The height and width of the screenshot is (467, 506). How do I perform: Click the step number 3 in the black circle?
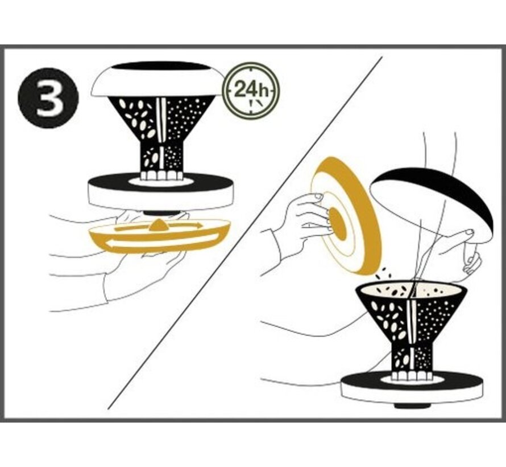pyautogui.click(x=48, y=99)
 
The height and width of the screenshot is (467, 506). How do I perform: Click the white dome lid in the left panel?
pyautogui.click(x=159, y=79)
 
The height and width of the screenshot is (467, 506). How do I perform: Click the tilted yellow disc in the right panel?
pyautogui.click(x=346, y=216)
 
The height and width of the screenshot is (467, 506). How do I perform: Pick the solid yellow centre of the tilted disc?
pyautogui.click(x=338, y=224)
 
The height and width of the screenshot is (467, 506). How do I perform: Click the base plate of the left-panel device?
pyautogui.click(x=161, y=192)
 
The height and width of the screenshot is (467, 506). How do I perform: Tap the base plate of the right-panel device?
pyautogui.click(x=413, y=386)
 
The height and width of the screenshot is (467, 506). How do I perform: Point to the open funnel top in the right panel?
pyautogui.click(x=411, y=290)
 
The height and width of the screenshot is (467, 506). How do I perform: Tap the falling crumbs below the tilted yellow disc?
pyautogui.click(x=384, y=277)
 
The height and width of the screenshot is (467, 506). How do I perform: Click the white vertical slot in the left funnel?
pyautogui.click(x=160, y=120)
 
